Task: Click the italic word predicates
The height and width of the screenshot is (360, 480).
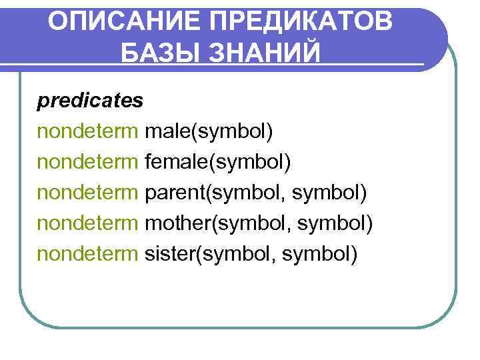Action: [x=90, y=101]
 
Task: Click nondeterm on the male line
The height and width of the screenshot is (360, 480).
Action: [x=88, y=131]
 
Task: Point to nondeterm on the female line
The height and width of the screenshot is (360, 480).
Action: [x=88, y=162]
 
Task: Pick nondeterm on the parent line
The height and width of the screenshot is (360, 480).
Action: [x=88, y=193]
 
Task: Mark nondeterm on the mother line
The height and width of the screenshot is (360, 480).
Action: [x=88, y=223]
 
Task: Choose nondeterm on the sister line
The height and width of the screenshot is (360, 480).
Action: [x=88, y=254]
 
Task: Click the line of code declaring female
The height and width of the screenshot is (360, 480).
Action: [x=164, y=162]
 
